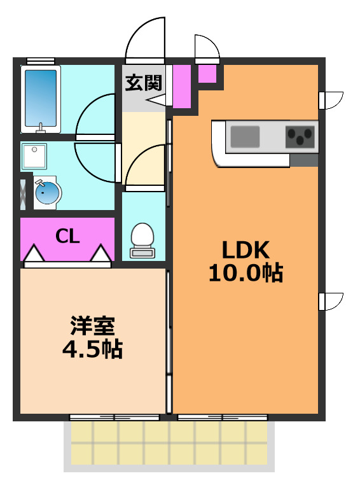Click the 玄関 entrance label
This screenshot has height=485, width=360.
[x=143, y=82]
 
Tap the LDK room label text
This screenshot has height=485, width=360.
[x=246, y=249]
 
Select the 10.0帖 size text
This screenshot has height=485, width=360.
[x=246, y=273]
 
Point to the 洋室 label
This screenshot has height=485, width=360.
[x=92, y=326]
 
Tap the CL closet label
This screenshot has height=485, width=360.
[x=67, y=237]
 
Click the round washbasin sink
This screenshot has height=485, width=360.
[x=46, y=192]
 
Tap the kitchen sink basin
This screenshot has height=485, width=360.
[x=245, y=136]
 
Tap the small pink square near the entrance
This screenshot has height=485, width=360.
[x=207, y=73]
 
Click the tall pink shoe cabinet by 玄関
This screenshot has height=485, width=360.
[x=182, y=86]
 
